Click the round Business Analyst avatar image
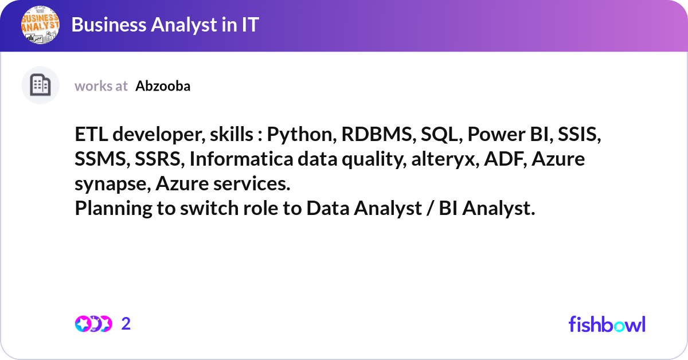(40, 25)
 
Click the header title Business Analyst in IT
(165, 25)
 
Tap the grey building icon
(40, 85)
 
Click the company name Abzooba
(163, 86)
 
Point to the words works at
(101, 86)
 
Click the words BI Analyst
(487, 209)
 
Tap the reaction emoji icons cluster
(93, 324)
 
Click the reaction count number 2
(126, 324)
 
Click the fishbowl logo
(607, 324)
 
